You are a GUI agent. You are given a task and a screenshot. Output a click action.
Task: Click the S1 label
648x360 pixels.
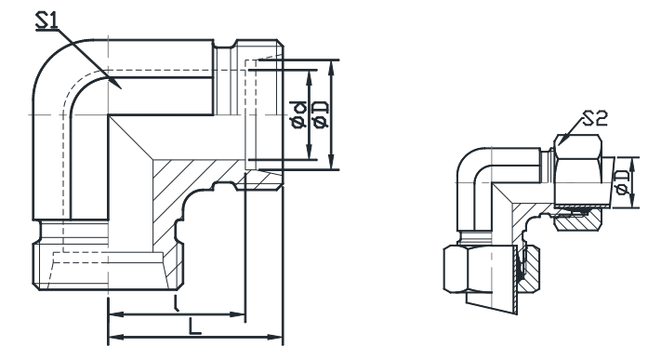point(47,20)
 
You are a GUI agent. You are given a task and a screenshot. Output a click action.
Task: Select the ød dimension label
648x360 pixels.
point(298,114)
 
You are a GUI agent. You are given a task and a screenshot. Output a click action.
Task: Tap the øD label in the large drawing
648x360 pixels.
point(321,114)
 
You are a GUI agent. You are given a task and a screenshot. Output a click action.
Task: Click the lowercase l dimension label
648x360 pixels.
point(177,303)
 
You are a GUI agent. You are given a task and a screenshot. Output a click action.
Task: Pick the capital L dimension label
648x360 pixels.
point(194,326)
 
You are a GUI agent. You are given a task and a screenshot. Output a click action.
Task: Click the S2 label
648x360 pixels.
point(596,118)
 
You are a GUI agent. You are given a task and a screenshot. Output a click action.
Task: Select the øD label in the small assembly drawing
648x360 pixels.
point(622,182)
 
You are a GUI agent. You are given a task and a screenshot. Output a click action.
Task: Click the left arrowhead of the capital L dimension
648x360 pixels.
point(115,338)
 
